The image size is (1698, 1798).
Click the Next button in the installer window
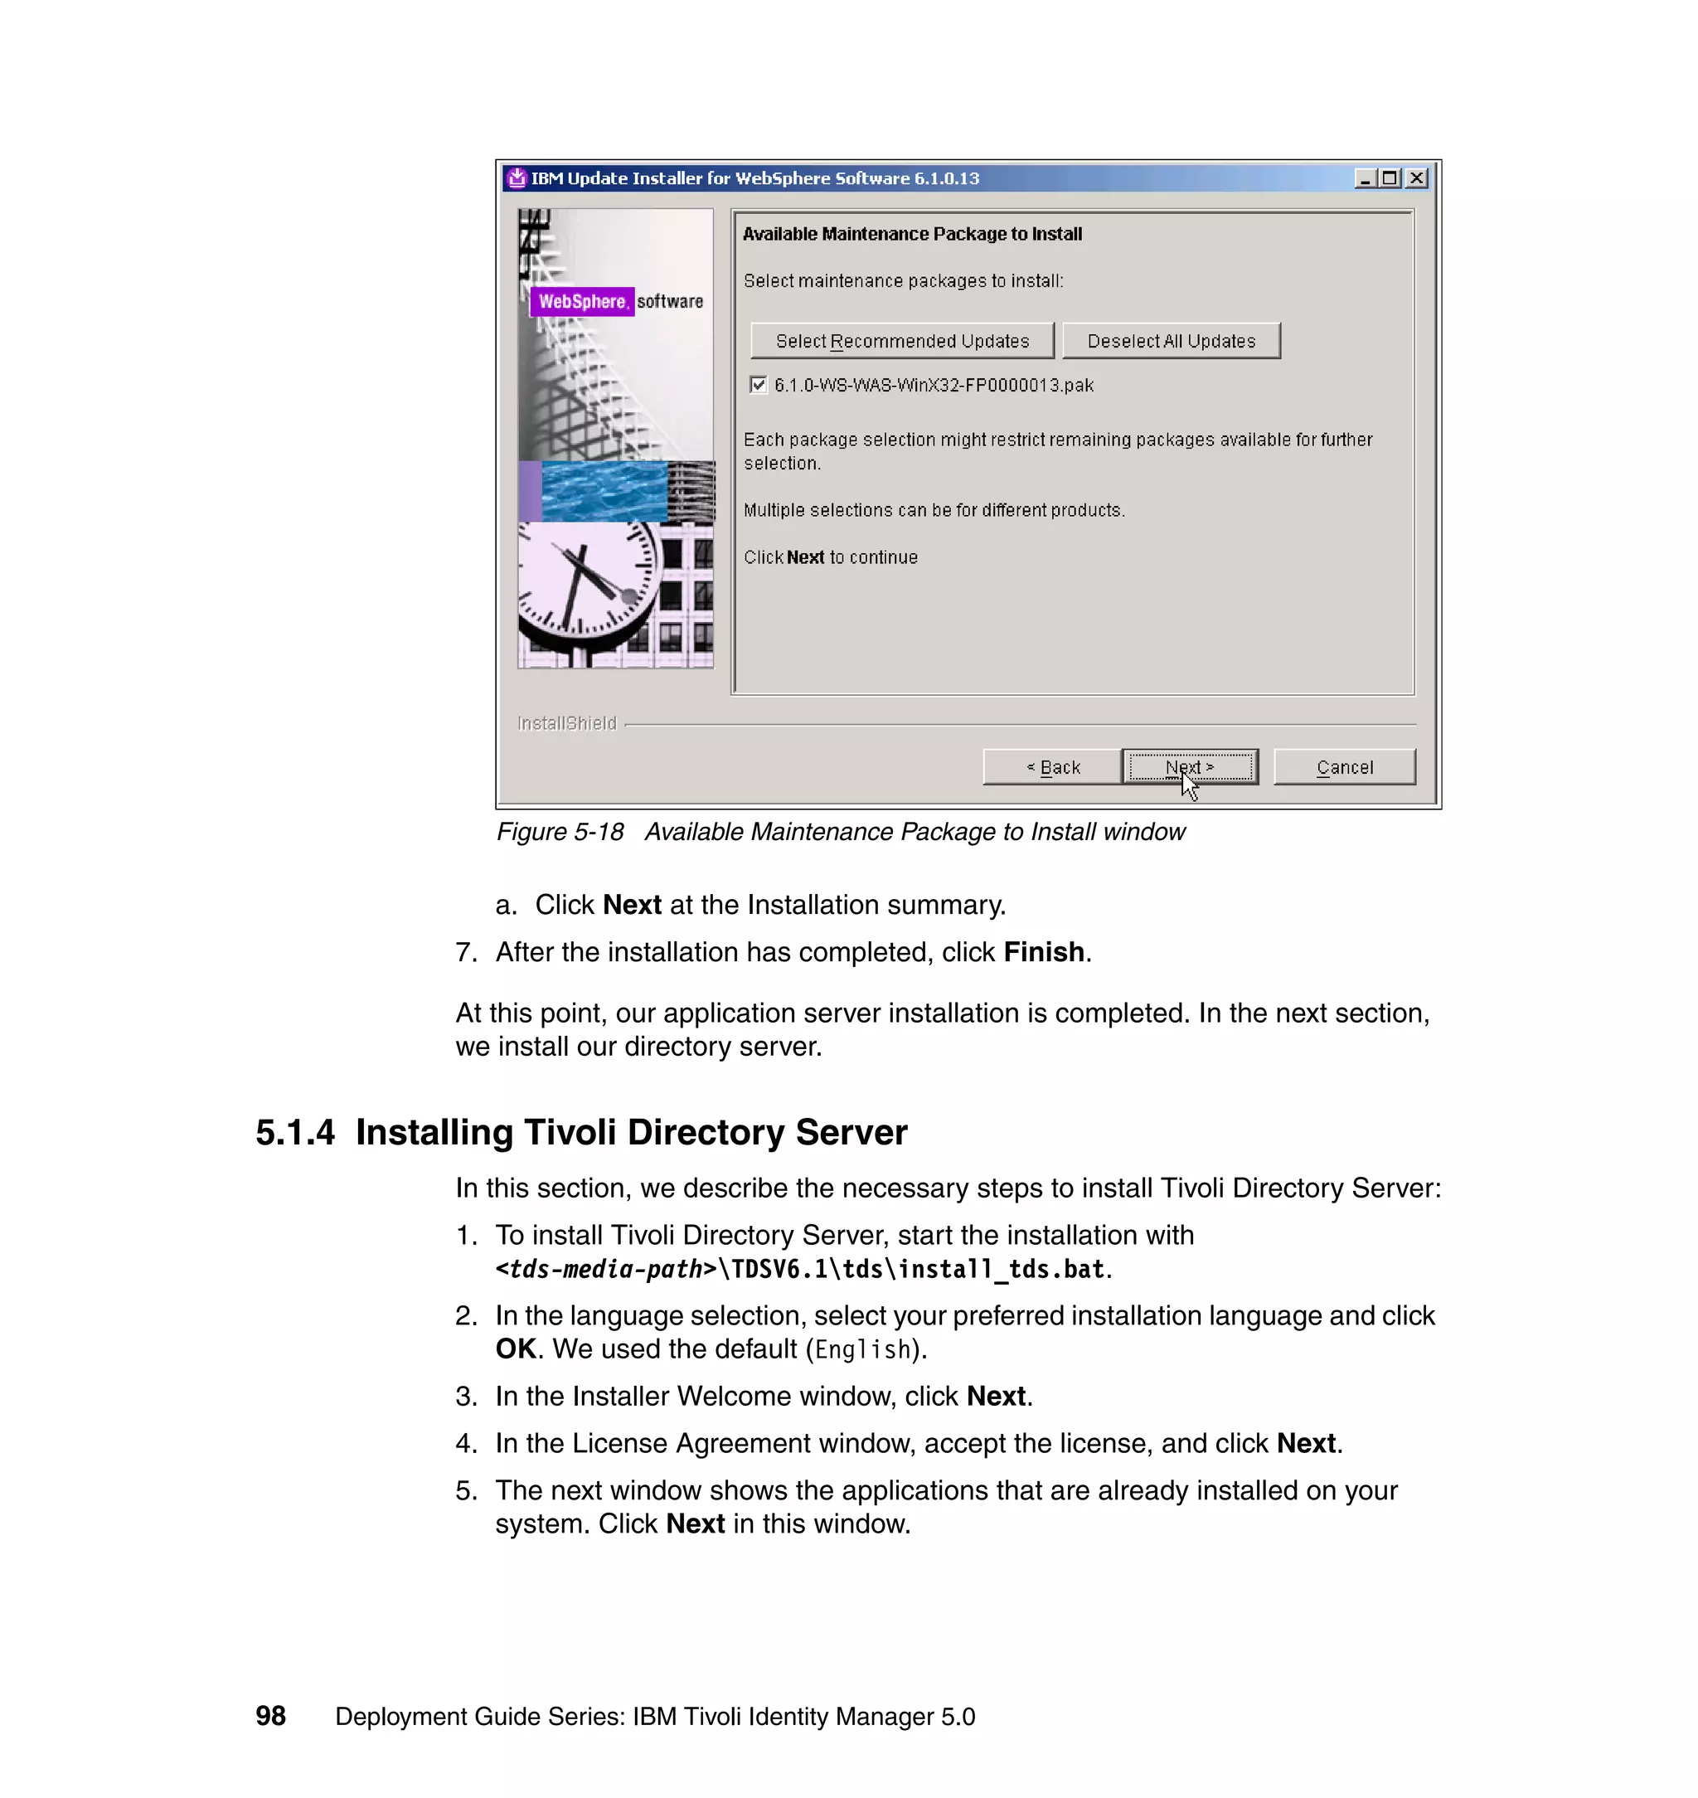click(1189, 767)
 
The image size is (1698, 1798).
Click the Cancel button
click(1344, 767)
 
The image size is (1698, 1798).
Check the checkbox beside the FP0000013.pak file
click(759, 385)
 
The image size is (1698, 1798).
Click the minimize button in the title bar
click(1365, 178)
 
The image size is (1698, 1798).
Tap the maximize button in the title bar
click(1390, 178)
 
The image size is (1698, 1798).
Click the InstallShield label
click(566, 723)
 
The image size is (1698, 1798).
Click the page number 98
click(270, 1716)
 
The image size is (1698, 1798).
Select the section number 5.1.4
click(295, 1133)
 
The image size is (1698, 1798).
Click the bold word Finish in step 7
click(1044, 952)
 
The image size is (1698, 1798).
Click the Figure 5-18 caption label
click(560, 832)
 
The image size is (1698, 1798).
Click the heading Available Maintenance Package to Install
click(911, 234)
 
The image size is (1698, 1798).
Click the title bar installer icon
click(517, 178)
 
